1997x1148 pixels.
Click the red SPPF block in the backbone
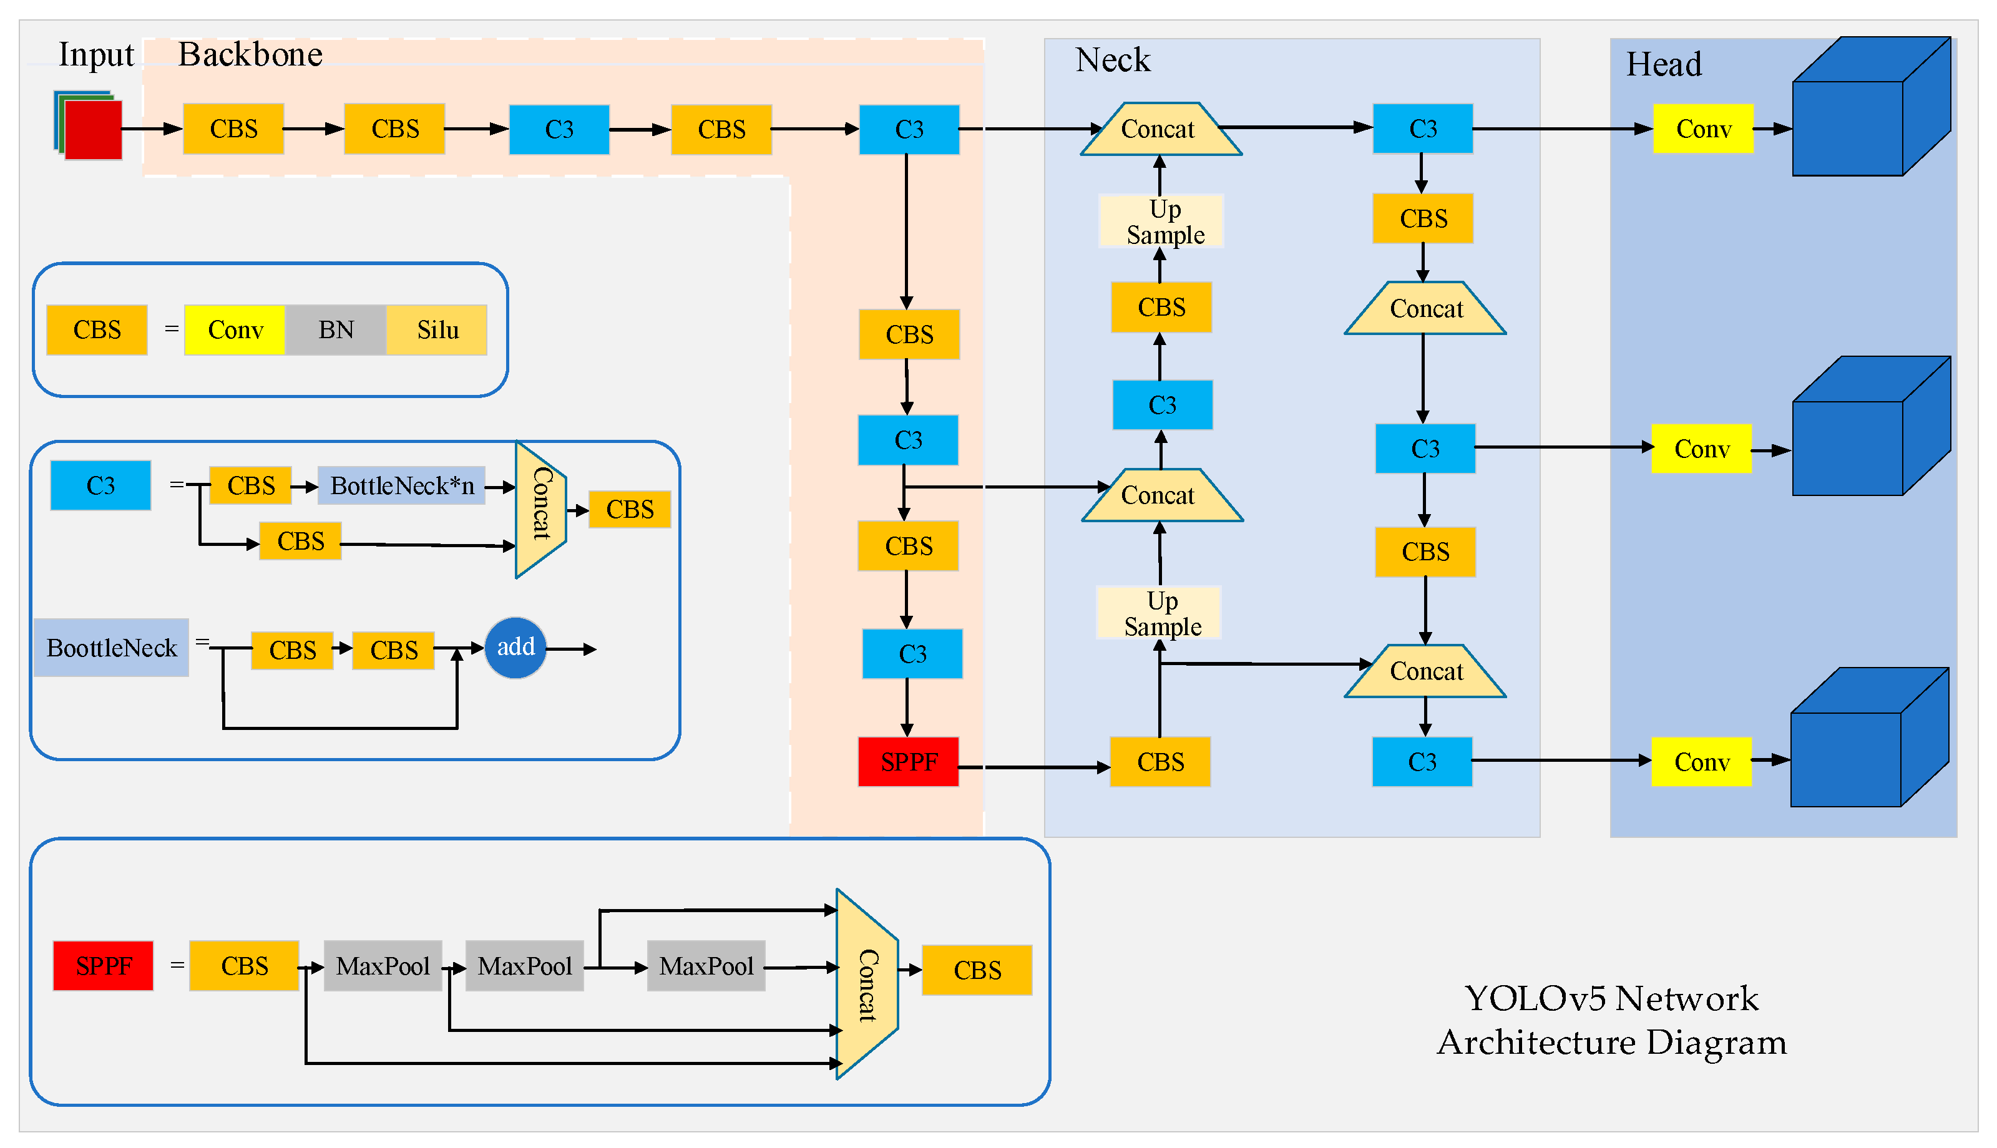click(908, 762)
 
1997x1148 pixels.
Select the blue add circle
click(515, 648)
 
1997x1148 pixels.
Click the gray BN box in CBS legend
click(336, 329)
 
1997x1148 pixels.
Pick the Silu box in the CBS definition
click(437, 329)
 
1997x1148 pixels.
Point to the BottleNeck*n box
click(401, 485)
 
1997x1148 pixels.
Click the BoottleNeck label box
click(111, 648)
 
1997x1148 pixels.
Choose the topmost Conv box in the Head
click(1703, 129)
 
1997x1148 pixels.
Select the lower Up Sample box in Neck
click(1159, 613)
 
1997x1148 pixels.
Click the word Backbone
click(250, 54)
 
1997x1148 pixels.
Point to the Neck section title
click(1113, 60)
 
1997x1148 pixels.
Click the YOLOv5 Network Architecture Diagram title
click(1611, 1019)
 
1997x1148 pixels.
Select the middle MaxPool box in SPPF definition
click(524, 966)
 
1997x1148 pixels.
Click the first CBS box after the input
click(233, 129)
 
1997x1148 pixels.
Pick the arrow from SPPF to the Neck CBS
click(1033, 766)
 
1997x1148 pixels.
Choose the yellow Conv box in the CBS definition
click(235, 329)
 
